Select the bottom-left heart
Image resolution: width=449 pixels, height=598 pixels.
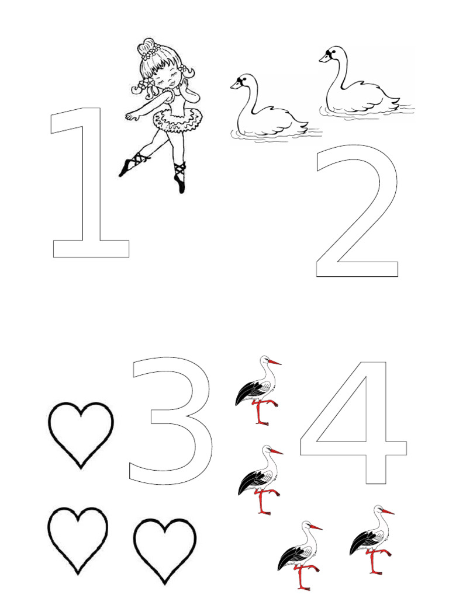point(78,538)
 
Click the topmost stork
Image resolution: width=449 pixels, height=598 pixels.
point(257,388)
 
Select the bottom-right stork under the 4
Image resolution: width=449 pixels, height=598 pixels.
point(371,537)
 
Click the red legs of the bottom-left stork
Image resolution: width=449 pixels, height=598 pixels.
point(302,575)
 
